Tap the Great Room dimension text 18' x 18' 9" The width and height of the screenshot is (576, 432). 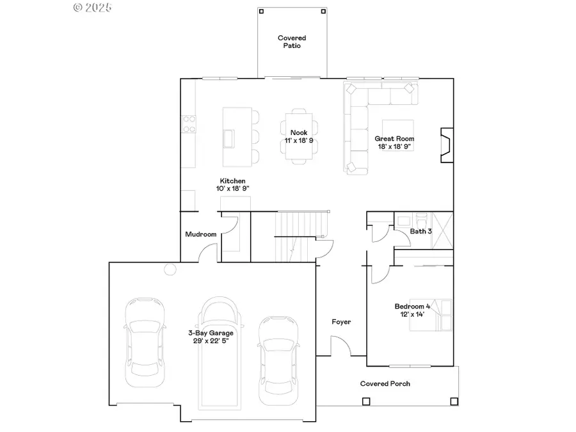click(395, 147)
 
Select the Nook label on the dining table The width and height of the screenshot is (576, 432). click(299, 132)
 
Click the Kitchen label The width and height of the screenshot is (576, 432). click(232, 181)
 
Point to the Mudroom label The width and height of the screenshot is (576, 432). click(200, 234)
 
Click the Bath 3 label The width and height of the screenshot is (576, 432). click(421, 231)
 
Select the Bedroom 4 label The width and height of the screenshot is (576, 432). click(412, 306)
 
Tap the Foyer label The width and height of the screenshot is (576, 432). click(341, 322)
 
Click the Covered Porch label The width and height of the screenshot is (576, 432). click(385, 383)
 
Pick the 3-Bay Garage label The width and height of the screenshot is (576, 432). click(211, 333)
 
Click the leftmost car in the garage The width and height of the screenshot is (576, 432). click(143, 342)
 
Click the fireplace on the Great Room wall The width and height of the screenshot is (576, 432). click(445, 147)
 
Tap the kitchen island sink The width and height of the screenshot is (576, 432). click(228, 138)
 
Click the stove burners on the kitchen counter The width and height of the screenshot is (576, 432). click(189, 124)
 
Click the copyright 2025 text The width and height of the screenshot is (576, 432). click(93, 8)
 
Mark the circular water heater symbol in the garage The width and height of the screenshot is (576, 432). click(170, 269)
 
